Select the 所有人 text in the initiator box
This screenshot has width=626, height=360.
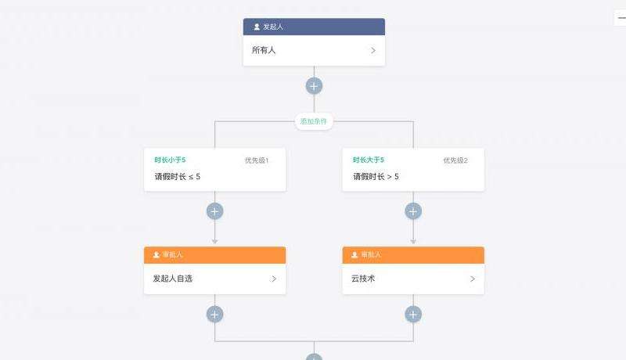(x=264, y=50)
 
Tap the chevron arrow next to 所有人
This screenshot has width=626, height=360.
(x=373, y=50)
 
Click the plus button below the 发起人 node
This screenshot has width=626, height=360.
(x=314, y=86)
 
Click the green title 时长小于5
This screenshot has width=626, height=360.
(x=171, y=160)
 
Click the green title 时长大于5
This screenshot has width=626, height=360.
(x=369, y=160)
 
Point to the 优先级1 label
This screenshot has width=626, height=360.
(x=257, y=160)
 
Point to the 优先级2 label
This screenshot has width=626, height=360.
(x=455, y=160)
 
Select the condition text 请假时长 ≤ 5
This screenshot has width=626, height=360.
(x=178, y=177)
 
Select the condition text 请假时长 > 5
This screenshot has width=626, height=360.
(x=376, y=177)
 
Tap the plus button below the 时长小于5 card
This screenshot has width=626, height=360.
(x=215, y=211)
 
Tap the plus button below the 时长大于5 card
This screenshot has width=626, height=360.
(x=413, y=211)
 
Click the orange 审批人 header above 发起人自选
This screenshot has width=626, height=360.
(x=214, y=255)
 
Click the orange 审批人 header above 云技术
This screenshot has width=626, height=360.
(x=413, y=255)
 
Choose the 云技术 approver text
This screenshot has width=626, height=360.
(x=364, y=279)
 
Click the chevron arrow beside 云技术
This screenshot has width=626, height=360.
(x=473, y=279)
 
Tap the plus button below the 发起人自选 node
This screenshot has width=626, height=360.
(x=215, y=315)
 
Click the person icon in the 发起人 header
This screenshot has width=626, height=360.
(x=257, y=27)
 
